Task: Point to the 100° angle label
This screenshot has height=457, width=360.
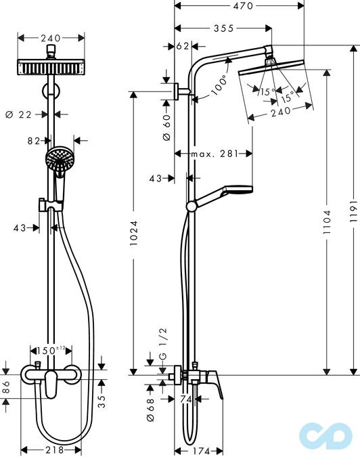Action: tap(219, 86)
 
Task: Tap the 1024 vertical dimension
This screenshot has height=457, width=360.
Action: tap(133, 234)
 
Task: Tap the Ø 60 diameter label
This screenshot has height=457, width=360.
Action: tap(166, 127)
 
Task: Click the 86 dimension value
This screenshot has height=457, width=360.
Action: tap(6, 388)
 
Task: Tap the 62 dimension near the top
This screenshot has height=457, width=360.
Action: tap(182, 47)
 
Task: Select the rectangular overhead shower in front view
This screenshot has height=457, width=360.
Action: tap(51, 68)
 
